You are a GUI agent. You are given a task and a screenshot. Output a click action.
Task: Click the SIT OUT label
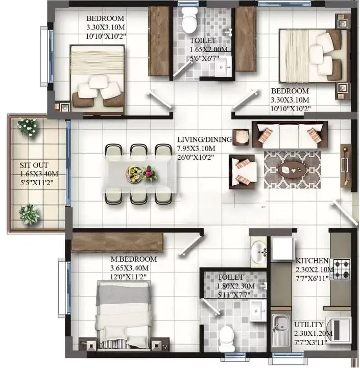pos(34,165)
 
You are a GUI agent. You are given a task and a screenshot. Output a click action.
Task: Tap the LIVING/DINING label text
pos(205,139)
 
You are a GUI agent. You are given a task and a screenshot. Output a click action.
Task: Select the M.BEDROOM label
pos(134,259)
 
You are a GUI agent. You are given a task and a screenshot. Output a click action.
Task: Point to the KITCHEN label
pos(311,261)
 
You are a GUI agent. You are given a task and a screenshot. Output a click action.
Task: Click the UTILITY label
pos(309,325)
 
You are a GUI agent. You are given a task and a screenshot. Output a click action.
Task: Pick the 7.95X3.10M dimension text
pos(196,149)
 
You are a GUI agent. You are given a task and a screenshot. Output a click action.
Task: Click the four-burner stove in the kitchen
pos(342,269)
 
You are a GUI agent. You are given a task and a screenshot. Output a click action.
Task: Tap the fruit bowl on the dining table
pos(134,174)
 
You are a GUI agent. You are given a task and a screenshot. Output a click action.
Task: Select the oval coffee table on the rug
pos(291,170)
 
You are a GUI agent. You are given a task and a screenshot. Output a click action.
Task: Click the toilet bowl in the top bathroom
pos(189,20)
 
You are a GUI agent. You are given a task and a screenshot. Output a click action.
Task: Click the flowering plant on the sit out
pos(29,127)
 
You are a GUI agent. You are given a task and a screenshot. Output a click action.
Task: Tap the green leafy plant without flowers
pos(30,214)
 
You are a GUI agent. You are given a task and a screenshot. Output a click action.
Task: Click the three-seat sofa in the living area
pos(290,135)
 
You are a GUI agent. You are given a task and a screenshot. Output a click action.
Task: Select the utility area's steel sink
pos(280,332)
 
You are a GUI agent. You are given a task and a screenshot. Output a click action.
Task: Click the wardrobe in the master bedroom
pos(117,242)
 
